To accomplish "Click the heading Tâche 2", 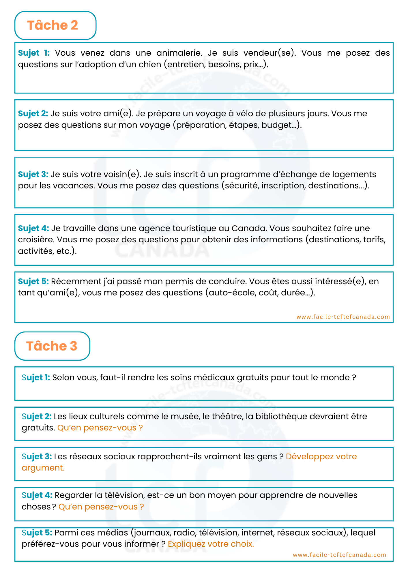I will click(x=53, y=25).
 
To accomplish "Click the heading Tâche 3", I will click(x=52, y=346).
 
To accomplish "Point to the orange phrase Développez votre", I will click(x=321, y=456).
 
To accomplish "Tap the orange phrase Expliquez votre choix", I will click(x=211, y=544).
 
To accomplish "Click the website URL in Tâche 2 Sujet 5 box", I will click(x=343, y=317).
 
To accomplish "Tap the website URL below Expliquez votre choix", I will click(x=339, y=555).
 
